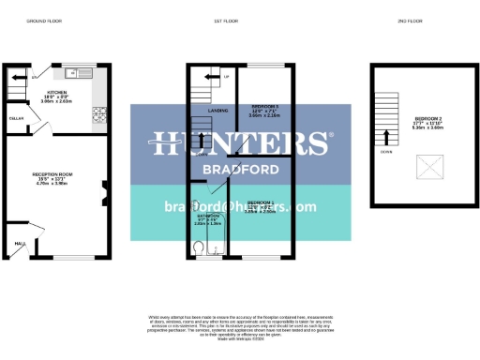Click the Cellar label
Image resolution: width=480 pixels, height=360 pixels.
click(x=16, y=119)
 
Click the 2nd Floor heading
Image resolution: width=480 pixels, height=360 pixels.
click(x=410, y=20)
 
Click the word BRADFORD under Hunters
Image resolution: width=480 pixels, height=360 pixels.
click(x=239, y=170)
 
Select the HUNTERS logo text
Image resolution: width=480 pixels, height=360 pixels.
click(x=239, y=142)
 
